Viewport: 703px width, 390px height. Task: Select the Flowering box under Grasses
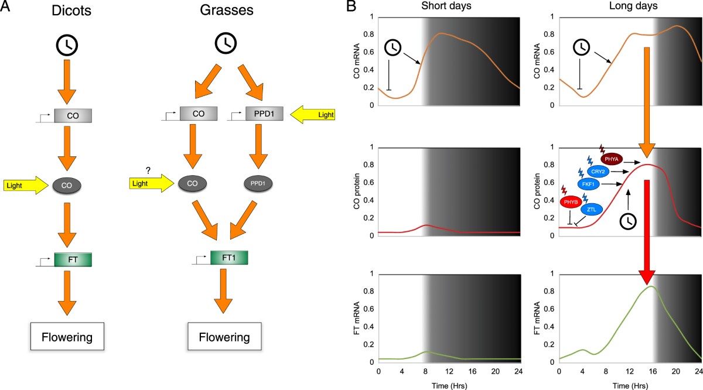coord(223,337)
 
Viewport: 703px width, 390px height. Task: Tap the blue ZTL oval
coord(592,209)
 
